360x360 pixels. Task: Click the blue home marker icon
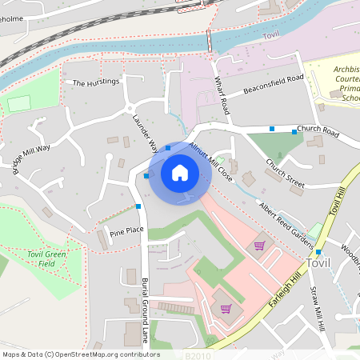[x=180, y=173]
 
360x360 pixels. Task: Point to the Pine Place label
[x=126, y=231]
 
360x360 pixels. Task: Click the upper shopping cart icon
[x=258, y=246]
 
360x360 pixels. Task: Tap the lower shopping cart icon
[x=226, y=308]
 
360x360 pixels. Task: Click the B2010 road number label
[x=197, y=354]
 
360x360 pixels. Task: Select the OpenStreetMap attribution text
[x=81, y=354]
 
